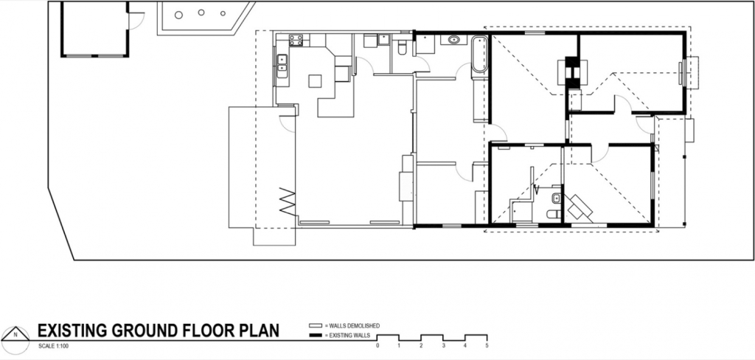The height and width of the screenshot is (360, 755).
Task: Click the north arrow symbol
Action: (16, 333)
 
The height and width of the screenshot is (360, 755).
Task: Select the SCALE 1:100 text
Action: (51, 346)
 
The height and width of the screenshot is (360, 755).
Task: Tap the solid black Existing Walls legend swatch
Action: (315, 334)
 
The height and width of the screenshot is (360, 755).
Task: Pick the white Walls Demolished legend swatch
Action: (315, 325)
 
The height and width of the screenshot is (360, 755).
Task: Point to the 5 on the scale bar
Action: (487, 345)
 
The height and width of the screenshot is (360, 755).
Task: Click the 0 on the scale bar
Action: (377, 345)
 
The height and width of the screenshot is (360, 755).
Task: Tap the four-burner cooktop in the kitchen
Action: (296, 40)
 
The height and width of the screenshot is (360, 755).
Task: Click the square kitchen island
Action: (315, 80)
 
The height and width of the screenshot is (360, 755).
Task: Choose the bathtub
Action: (479, 55)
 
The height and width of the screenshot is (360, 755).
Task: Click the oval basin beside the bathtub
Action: (453, 40)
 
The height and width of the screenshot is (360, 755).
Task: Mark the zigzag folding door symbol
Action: (288, 202)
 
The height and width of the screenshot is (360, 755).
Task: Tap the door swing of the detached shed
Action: (136, 22)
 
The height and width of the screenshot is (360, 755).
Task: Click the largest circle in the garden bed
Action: (178, 15)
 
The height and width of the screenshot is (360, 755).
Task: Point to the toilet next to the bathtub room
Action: (402, 48)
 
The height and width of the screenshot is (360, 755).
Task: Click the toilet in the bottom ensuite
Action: (552, 213)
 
